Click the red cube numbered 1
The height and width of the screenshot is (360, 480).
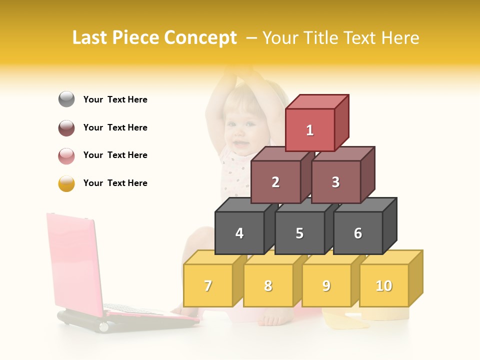click(x=310, y=130)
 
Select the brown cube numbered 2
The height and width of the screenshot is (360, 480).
click(x=275, y=182)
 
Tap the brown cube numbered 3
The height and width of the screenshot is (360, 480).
click(x=335, y=182)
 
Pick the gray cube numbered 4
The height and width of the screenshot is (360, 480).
click(x=239, y=233)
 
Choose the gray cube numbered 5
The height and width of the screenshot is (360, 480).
click(x=299, y=233)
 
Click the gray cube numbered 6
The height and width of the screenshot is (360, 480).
click(x=358, y=233)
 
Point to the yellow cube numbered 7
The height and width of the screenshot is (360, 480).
click(x=208, y=285)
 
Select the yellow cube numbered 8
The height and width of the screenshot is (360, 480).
click(x=268, y=285)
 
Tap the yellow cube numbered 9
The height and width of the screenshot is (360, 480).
click(x=326, y=285)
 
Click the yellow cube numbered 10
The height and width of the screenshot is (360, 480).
click(x=384, y=285)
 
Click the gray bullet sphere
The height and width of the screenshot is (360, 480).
click(x=66, y=99)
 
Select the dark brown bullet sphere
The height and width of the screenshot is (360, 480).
click(x=66, y=127)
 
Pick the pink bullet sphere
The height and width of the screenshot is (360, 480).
click(x=66, y=155)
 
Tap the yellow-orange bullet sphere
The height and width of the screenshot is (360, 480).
click(x=66, y=183)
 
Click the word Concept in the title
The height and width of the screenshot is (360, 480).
click(x=200, y=38)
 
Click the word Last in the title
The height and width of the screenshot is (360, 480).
click(x=90, y=38)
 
